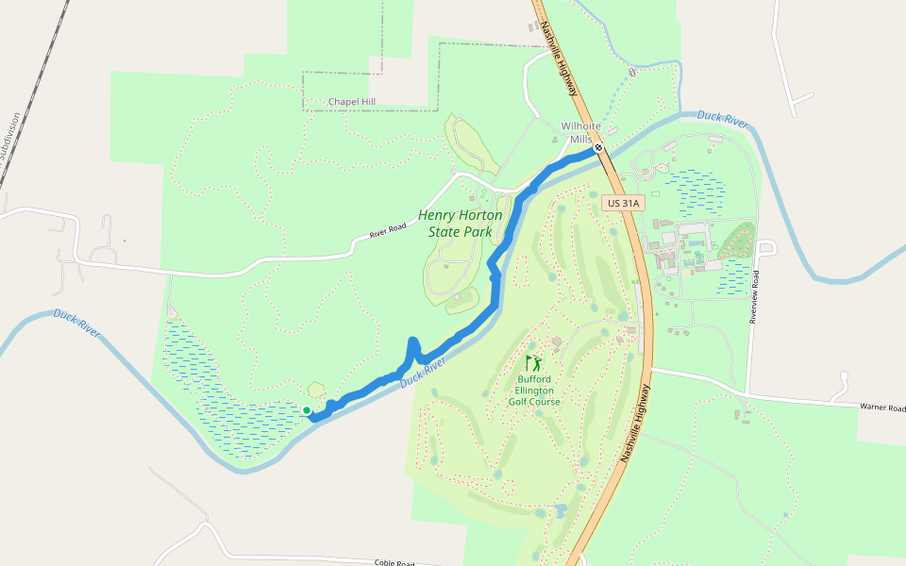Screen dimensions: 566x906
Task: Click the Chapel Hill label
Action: [x=352, y=102]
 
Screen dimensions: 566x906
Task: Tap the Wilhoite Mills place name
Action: [x=580, y=132]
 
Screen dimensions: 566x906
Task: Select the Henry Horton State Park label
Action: [x=461, y=224]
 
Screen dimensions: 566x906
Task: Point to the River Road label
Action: [x=387, y=230]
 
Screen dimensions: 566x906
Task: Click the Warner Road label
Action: [x=882, y=408]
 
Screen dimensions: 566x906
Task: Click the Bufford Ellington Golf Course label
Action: [x=534, y=391]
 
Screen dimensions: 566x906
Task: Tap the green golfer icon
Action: [x=534, y=363]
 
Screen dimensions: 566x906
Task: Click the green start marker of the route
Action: [x=307, y=409]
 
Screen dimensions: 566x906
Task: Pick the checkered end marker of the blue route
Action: [x=598, y=148]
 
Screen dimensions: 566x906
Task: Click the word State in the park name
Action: [x=446, y=231]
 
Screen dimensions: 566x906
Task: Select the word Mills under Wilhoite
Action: [x=580, y=139]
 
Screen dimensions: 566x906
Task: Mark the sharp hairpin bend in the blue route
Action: [x=412, y=341]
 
